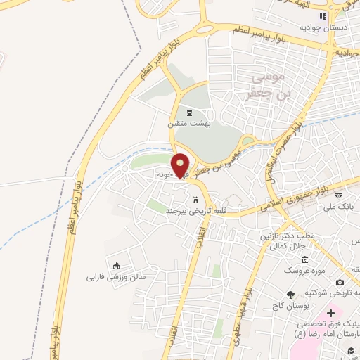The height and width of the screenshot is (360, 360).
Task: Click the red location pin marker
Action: (181, 165)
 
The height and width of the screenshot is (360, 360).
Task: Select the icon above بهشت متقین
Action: (188, 113)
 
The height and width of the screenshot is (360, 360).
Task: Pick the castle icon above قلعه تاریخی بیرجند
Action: (196, 200)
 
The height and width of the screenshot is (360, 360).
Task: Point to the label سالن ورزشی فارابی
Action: (115, 276)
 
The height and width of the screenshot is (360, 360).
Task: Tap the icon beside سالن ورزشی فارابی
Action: (116, 266)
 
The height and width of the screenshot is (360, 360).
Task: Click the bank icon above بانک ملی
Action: (338, 195)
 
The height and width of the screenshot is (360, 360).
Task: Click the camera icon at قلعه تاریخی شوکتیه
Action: (340, 282)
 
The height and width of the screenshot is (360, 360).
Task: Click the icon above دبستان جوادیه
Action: (323, 16)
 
